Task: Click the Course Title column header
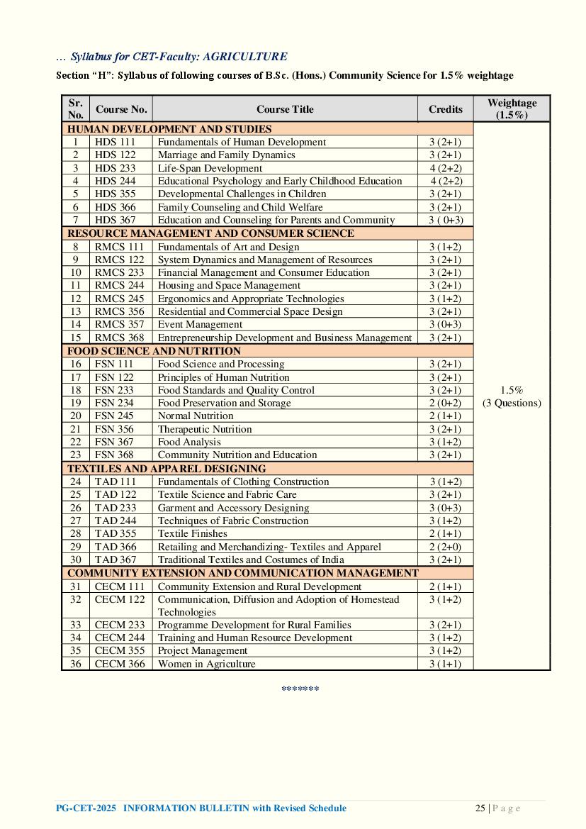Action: [285, 109]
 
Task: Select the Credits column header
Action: [445, 109]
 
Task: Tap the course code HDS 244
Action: [115, 181]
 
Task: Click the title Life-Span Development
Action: [210, 168]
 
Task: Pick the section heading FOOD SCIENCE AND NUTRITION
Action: [154, 351]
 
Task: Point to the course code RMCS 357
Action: [119, 324]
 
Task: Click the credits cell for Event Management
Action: [445, 324]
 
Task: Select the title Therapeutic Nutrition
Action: [205, 429]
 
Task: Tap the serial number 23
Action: [76, 455]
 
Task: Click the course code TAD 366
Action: [115, 547]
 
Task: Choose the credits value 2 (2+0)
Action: [445, 547]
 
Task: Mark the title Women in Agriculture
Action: [206, 664]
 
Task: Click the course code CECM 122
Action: [120, 599]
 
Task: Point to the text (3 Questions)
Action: [512, 403]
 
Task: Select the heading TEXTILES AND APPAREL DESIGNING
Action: [167, 469]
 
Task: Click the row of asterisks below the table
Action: [300, 689]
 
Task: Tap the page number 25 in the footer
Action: [480, 808]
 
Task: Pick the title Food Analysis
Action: [189, 442]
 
